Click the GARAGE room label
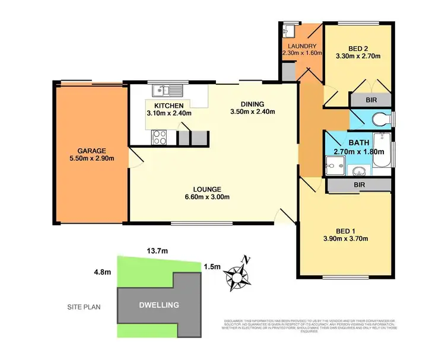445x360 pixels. [91, 150]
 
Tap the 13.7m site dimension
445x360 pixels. [157, 251]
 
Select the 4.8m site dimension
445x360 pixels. [103, 272]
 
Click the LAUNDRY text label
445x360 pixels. [301, 46]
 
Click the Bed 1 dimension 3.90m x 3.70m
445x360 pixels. [346, 240]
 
